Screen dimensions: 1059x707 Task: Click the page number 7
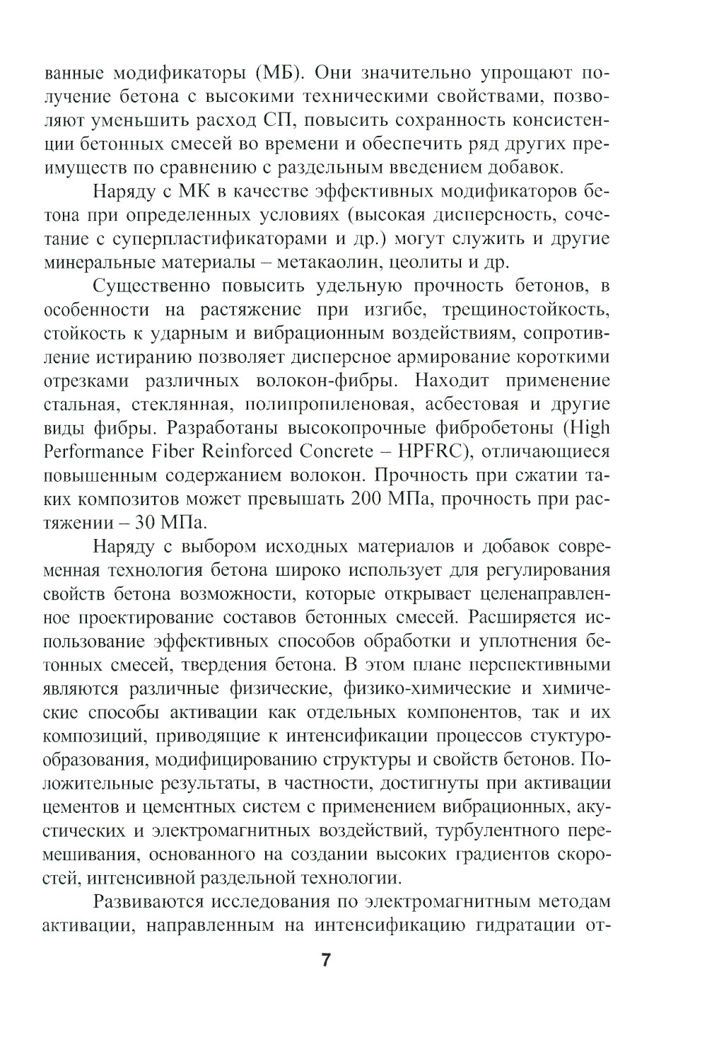[x=326, y=960]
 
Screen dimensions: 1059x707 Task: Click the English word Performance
[x=90, y=452]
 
